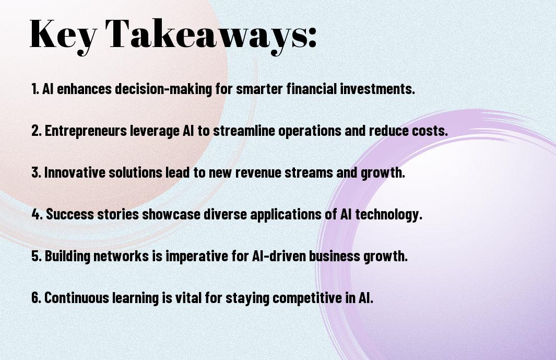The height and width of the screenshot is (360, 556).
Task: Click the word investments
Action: coord(377,88)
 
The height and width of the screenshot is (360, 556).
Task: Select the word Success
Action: coord(70,214)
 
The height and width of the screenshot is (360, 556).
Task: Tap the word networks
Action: coord(121,256)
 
